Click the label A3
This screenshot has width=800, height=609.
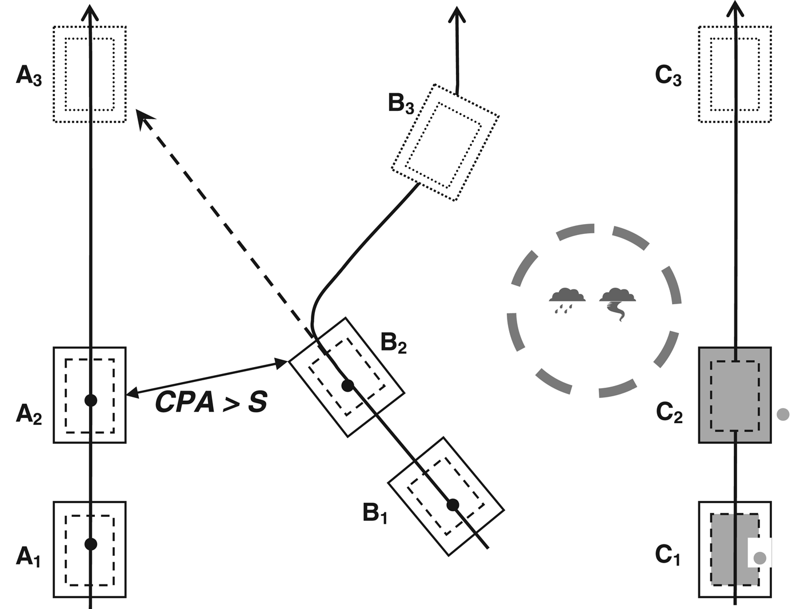(29, 75)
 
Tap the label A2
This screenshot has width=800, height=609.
(29, 413)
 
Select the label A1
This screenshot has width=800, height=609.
(29, 556)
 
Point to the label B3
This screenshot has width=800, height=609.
(401, 104)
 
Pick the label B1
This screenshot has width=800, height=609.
(375, 513)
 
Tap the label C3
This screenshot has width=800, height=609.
(668, 75)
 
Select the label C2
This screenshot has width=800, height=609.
(669, 412)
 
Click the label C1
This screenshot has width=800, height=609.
(667, 555)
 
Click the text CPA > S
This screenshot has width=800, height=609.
(211, 403)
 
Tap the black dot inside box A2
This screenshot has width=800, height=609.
(90, 400)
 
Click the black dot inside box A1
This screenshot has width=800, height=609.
(90, 544)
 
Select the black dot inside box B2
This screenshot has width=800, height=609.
(347, 385)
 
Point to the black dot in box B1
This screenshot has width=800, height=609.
(453, 504)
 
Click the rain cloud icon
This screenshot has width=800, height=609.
(567, 299)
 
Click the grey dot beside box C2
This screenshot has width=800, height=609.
(783, 414)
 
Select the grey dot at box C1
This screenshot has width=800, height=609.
(759, 558)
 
